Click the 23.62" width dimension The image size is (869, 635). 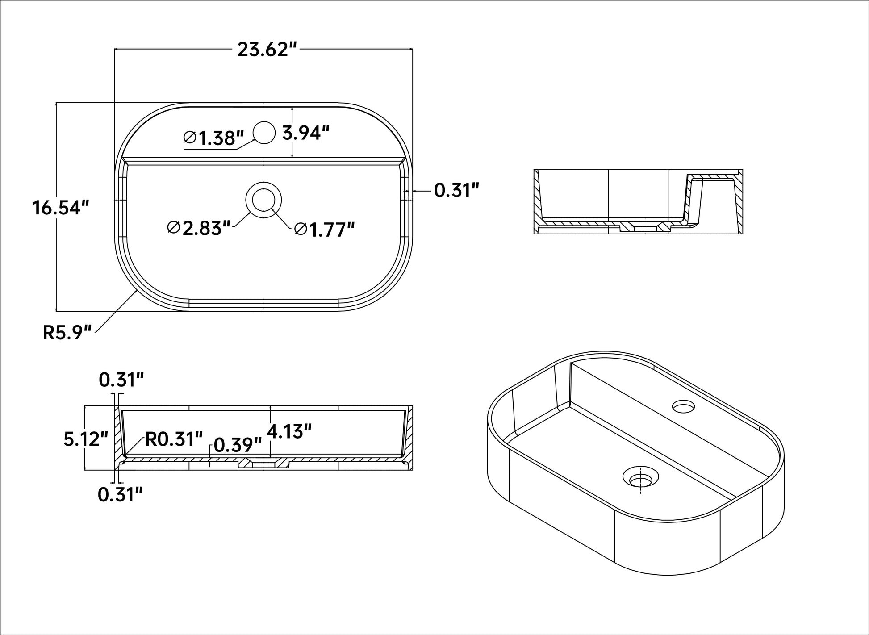tap(267, 49)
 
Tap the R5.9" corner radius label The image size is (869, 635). tap(67, 333)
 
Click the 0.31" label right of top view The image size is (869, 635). tap(456, 191)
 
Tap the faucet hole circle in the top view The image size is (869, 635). tap(263, 132)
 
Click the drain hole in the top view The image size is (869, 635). tap(263, 200)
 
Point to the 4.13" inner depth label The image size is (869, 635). tap(288, 432)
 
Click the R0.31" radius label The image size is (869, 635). tap(174, 439)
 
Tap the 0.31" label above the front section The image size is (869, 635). tap(121, 380)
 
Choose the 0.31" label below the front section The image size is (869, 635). tap(120, 495)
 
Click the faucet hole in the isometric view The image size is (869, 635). tap(684, 406)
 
